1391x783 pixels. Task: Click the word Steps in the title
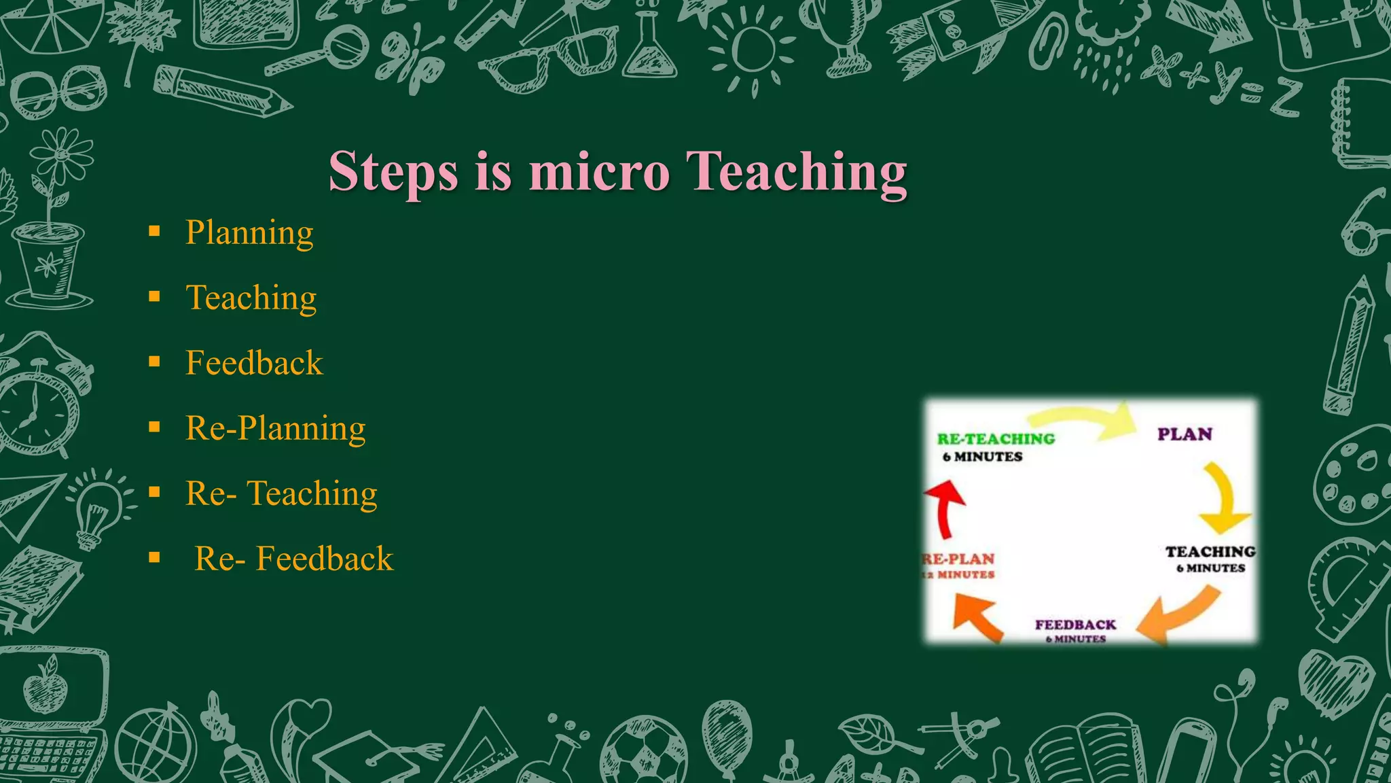tap(395, 172)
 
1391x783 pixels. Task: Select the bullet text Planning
tap(249, 232)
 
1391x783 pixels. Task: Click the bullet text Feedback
tap(254, 363)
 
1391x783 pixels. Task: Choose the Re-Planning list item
tap(275, 428)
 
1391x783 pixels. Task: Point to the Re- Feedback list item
tap(293, 559)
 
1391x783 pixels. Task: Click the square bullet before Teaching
tap(155, 297)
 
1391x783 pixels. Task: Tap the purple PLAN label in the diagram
tap(1185, 434)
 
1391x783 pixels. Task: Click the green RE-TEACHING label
tap(996, 439)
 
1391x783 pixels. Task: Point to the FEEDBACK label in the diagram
tap(1075, 625)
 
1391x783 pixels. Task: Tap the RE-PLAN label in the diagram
tap(958, 559)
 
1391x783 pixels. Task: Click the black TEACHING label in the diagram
tap(1210, 552)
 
